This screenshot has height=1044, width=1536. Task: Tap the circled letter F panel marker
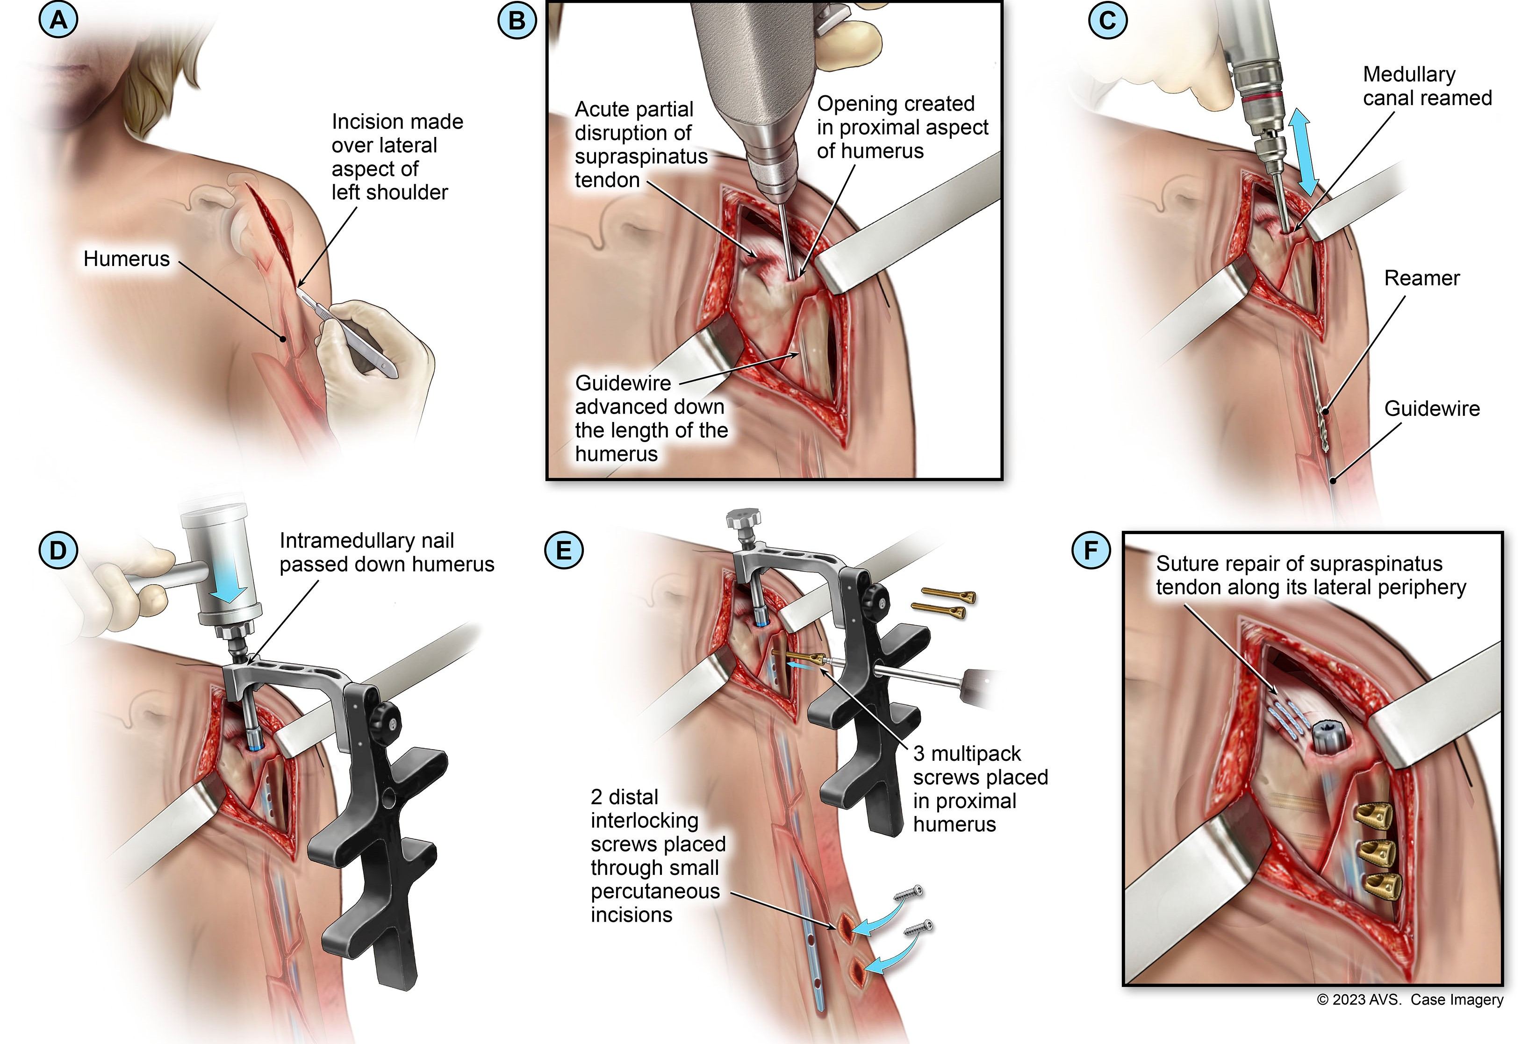tap(1091, 550)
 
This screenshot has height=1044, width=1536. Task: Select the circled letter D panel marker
tap(58, 550)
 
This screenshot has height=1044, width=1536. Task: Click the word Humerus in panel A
tap(126, 258)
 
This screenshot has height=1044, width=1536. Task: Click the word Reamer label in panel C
tap(1421, 278)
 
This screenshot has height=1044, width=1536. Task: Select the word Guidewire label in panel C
tap(1432, 408)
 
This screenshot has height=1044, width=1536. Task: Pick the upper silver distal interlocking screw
tap(908, 894)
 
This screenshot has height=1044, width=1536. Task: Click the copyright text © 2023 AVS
tap(1359, 999)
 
